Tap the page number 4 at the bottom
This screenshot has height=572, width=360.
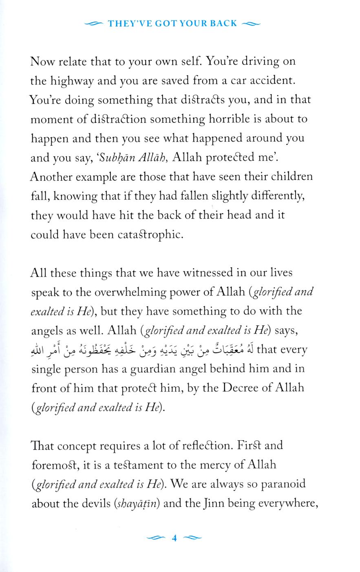click(x=174, y=538)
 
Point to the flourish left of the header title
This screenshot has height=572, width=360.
click(x=93, y=24)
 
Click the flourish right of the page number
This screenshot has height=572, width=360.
click(x=192, y=538)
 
